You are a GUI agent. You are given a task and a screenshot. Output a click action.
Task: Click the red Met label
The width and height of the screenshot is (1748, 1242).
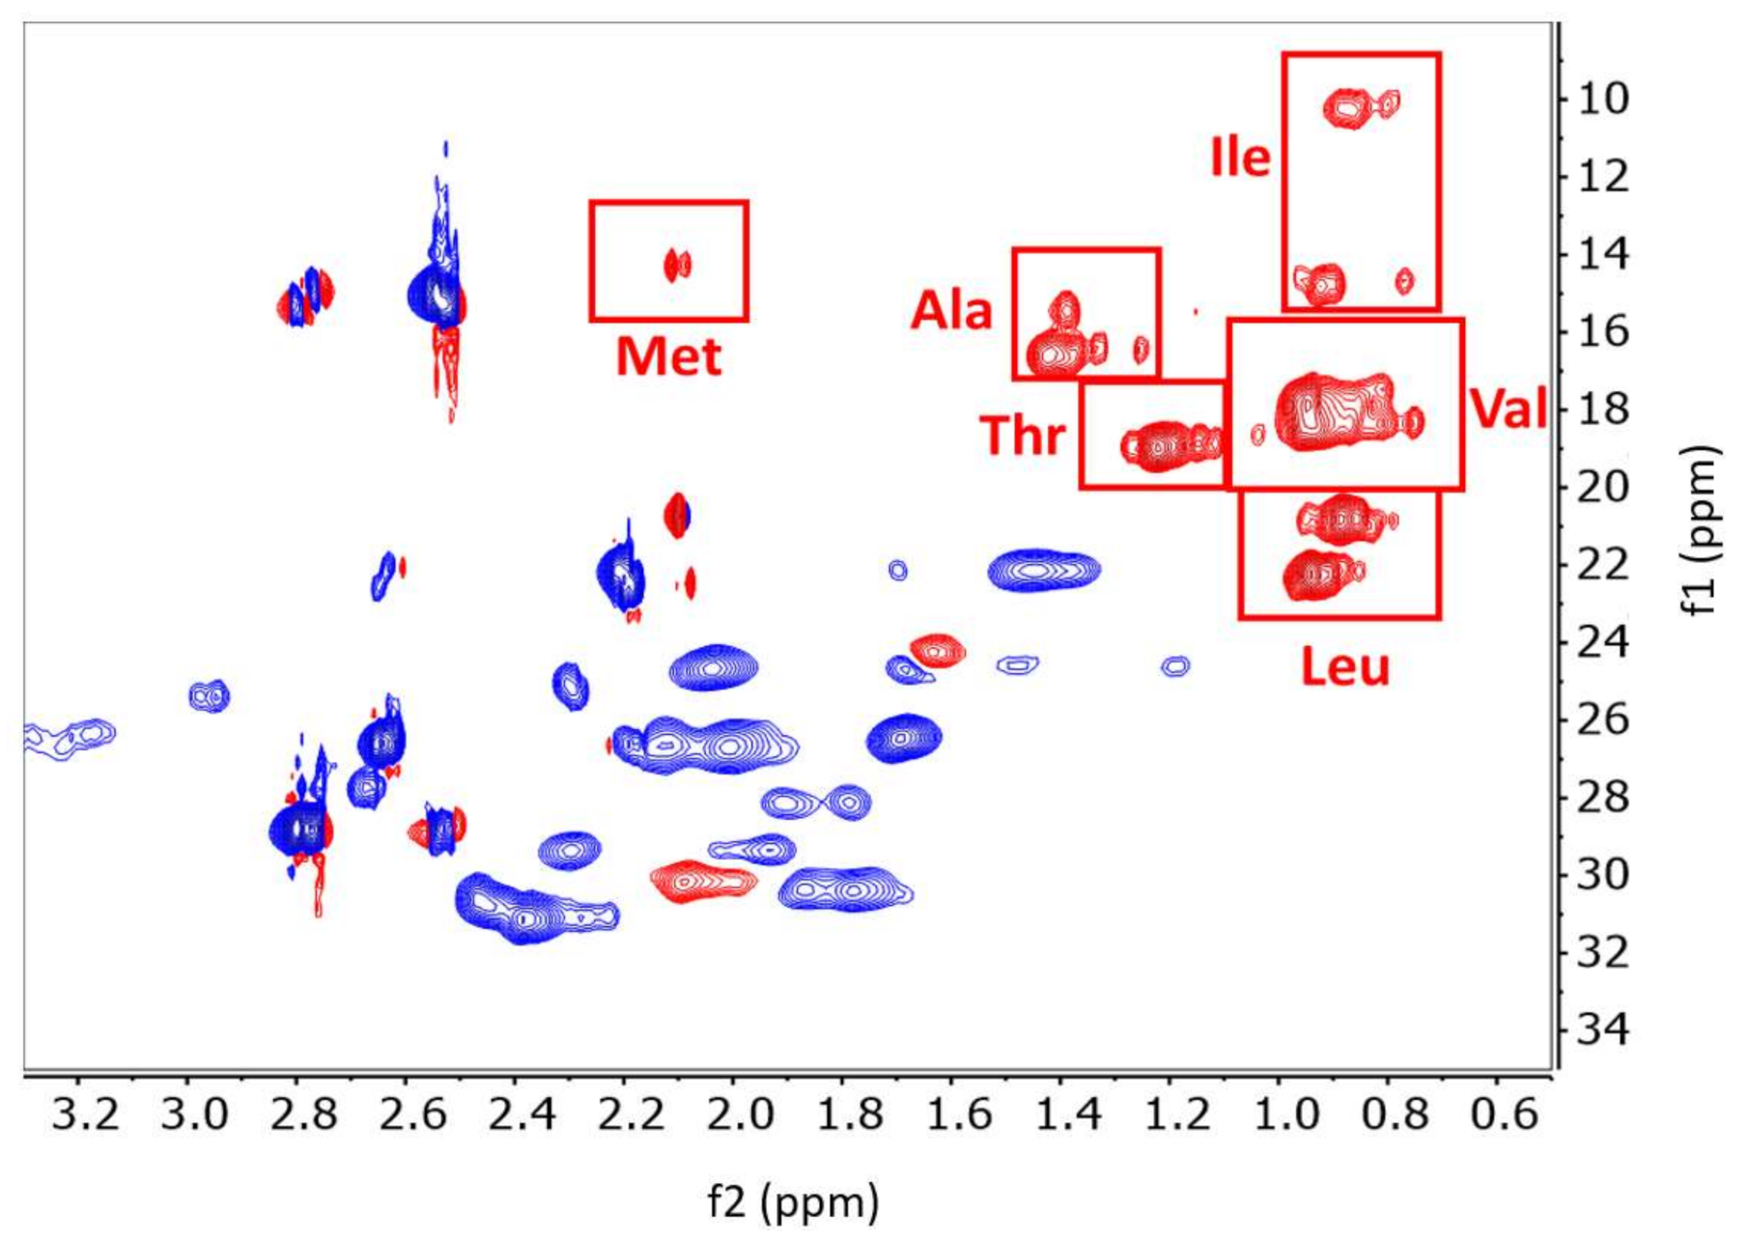tap(668, 356)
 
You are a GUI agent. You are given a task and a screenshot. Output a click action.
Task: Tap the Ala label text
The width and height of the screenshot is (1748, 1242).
tap(951, 311)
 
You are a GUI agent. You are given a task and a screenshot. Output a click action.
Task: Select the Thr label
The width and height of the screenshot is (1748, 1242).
tap(1023, 435)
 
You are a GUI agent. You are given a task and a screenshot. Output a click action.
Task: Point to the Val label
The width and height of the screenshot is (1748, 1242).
tap(1508, 408)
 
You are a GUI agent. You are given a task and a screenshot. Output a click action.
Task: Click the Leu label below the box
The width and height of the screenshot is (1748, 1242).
tap(1344, 666)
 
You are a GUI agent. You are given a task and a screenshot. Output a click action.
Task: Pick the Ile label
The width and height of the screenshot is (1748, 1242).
tap(1241, 156)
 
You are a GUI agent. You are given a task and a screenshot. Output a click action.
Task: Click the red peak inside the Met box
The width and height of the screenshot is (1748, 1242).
tap(677, 265)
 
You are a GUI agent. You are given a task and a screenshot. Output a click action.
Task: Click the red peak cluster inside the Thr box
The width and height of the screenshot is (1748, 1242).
tap(1169, 445)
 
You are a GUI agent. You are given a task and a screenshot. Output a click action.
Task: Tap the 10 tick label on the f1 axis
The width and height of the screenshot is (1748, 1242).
tap(1604, 99)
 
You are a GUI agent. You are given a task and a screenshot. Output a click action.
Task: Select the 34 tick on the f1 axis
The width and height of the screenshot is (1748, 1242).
tap(1604, 1030)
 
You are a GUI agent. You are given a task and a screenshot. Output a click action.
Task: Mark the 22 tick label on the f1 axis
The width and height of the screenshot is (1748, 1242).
tap(1604, 565)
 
